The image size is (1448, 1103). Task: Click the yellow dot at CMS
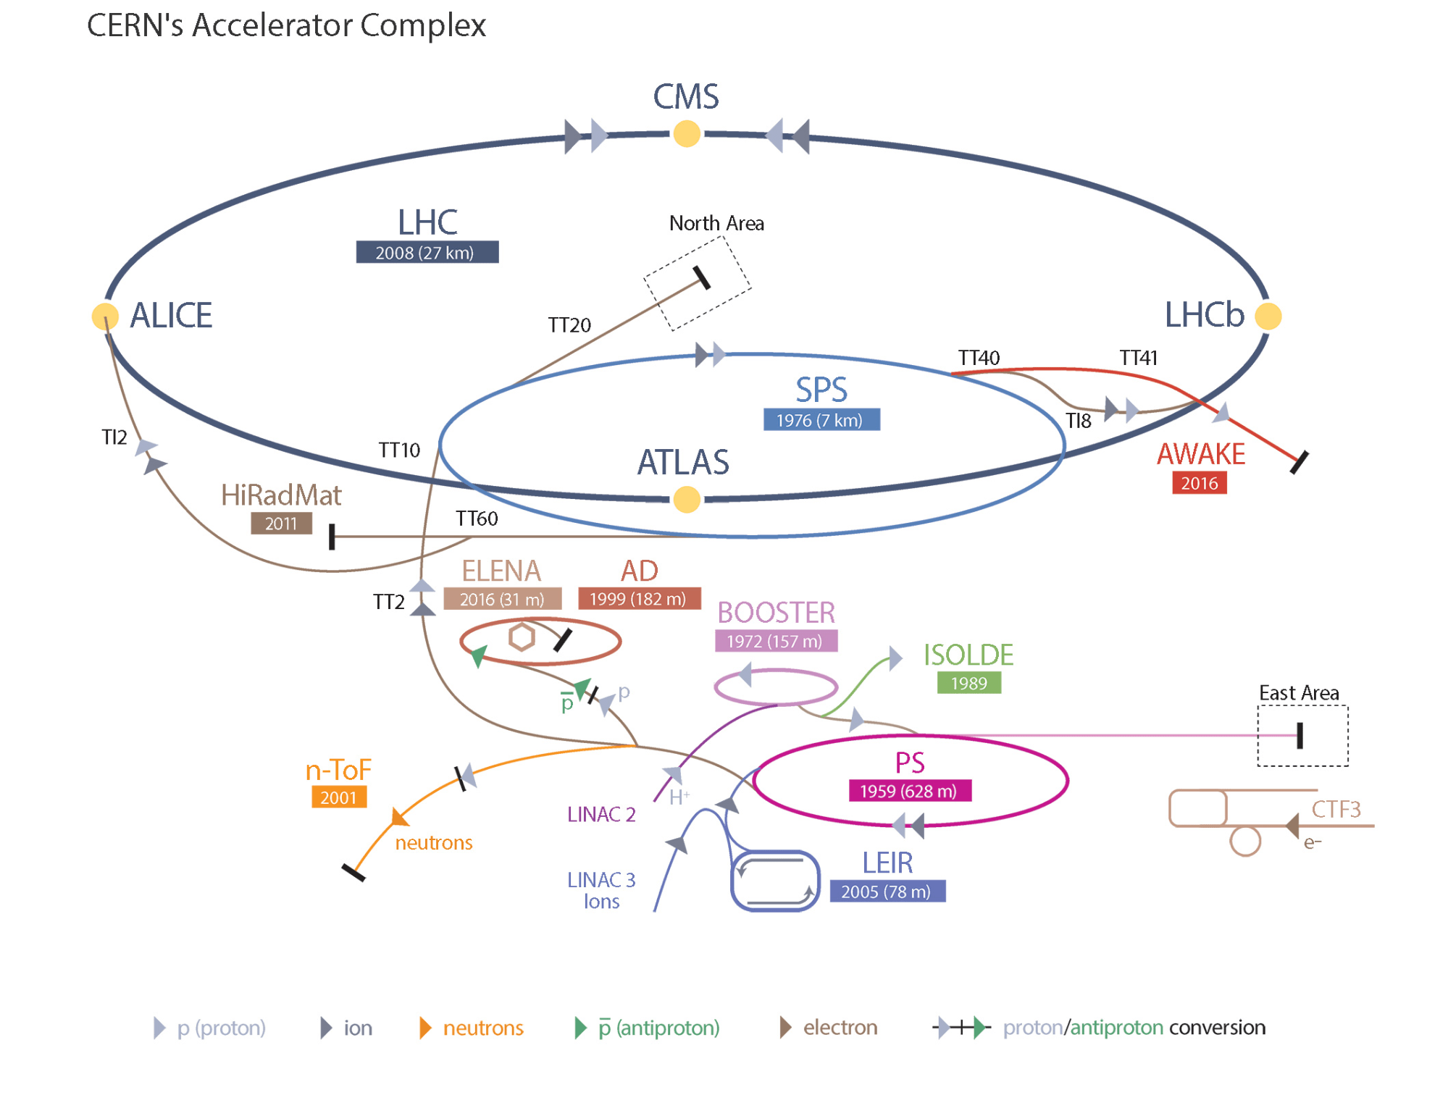[686, 134]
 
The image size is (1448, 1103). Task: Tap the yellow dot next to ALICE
[105, 316]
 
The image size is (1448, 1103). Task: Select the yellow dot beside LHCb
[1268, 316]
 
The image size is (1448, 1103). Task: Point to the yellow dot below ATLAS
[686, 500]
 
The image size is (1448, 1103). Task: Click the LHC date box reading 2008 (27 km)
[427, 252]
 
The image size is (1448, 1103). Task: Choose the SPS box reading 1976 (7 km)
[821, 420]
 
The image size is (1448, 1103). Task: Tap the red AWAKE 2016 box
[1199, 483]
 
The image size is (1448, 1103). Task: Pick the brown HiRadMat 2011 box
[281, 523]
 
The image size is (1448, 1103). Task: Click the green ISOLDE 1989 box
[968, 683]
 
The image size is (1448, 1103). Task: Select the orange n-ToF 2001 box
[338, 797]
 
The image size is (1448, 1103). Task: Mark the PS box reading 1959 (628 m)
[909, 791]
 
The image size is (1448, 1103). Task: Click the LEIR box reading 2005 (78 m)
[887, 892]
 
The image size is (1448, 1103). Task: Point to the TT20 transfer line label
[569, 325]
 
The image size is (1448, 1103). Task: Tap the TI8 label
[1078, 421]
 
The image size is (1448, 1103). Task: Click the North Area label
[716, 223]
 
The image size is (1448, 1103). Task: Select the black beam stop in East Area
[1300, 735]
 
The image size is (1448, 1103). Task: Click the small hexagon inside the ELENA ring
[522, 637]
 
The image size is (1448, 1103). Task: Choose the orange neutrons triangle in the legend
[425, 1028]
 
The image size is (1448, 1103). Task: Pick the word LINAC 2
[601, 815]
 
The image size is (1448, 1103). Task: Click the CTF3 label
[1336, 809]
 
